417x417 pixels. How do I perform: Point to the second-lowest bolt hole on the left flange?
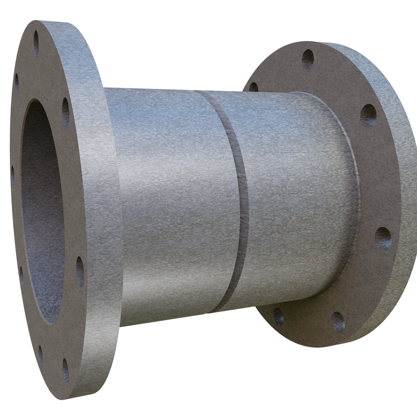click(x=41, y=354)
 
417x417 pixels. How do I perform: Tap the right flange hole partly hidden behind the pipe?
click(x=254, y=87)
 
